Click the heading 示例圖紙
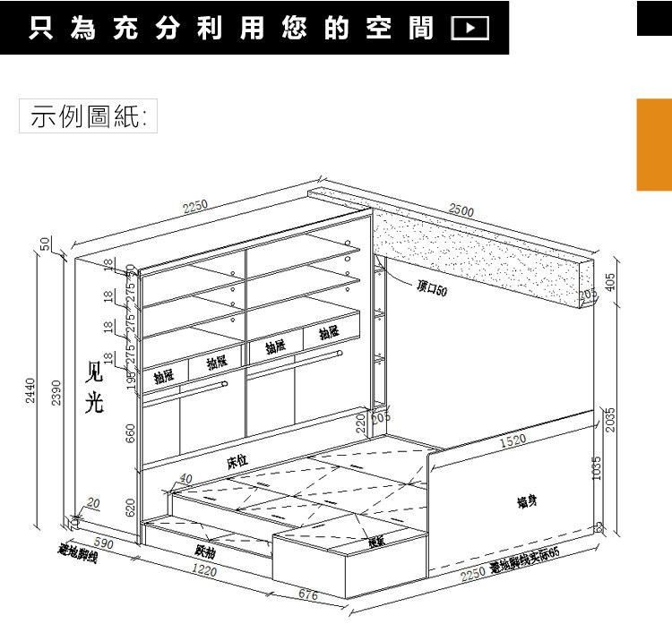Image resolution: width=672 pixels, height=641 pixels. click(88, 116)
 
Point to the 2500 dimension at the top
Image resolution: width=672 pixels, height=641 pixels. click(461, 210)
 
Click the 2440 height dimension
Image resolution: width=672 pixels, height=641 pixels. click(30, 389)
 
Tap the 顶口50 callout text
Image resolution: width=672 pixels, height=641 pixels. click(432, 288)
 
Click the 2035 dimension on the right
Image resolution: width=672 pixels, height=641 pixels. click(610, 418)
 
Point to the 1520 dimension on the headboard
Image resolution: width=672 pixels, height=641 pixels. click(512, 440)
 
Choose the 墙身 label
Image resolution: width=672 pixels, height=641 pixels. click(528, 502)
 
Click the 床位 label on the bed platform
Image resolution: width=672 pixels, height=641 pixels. click(237, 462)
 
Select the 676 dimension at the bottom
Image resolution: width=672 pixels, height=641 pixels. click(307, 594)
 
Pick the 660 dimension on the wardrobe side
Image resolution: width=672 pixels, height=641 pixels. click(131, 433)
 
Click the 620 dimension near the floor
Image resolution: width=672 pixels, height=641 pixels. click(131, 508)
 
